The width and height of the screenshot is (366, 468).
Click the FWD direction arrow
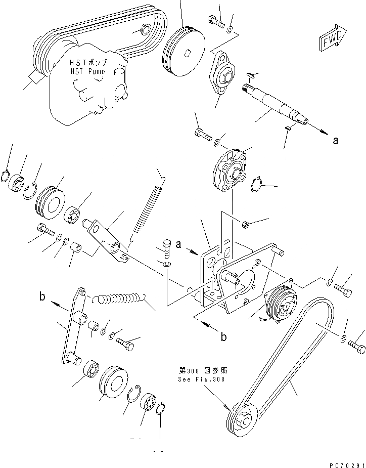coord(332,39)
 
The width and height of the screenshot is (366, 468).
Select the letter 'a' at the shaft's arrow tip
coord(335,141)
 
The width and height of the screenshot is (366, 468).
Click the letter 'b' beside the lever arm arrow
coord(42,297)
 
